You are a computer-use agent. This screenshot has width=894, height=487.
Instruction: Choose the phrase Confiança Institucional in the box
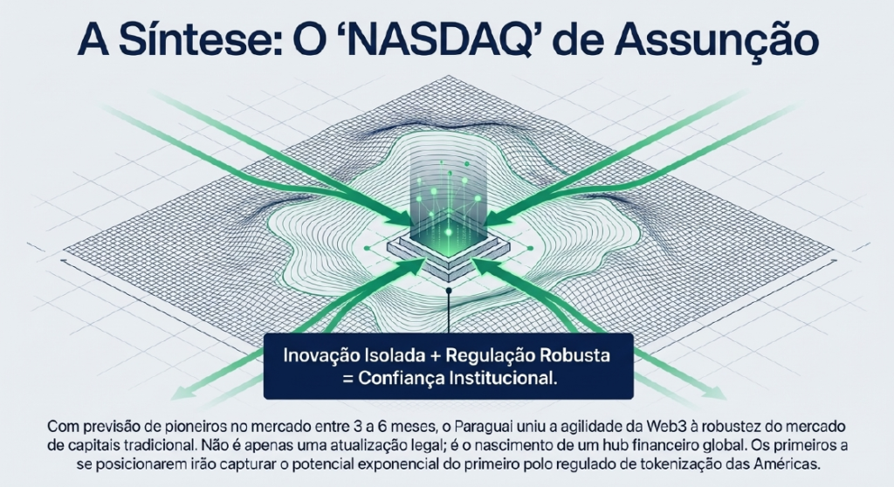coord(457,378)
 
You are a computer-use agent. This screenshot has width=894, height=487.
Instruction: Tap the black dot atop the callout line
coord(450,291)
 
